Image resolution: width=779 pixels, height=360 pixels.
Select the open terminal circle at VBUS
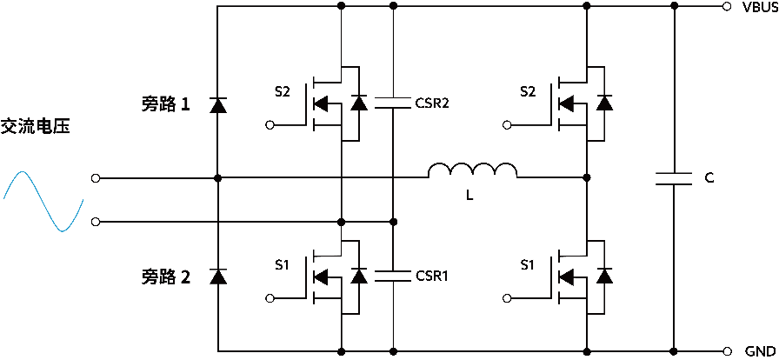click(x=726, y=6)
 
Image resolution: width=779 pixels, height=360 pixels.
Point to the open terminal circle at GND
click(x=726, y=351)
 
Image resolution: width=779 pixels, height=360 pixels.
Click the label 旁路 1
click(x=165, y=104)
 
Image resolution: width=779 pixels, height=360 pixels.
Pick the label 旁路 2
click(x=165, y=277)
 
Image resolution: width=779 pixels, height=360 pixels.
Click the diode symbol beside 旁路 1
click(x=217, y=105)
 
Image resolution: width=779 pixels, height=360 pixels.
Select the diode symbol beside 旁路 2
click(x=217, y=277)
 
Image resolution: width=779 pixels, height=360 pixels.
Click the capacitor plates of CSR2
click(x=393, y=103)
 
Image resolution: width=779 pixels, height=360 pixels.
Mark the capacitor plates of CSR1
click(x=393, y=276)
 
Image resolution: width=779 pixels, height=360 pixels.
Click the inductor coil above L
click(x=472, y=170)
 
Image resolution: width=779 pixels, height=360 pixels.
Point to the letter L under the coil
click(x=469, y=197)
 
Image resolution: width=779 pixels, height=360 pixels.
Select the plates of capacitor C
click(x=675, y=178)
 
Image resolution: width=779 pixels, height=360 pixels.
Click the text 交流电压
click(x=36, y=127)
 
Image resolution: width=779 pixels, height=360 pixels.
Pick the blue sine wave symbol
click(x=43, y=201)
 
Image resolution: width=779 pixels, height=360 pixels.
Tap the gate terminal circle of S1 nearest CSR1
click(x=270, y=298)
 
